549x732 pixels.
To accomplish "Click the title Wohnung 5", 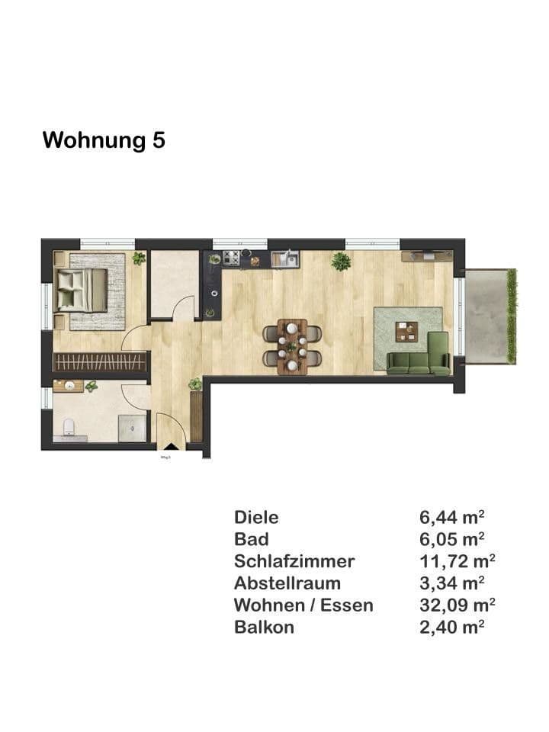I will pyautogui.click(x=104, y=140).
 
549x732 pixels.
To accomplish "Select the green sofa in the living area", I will pyautogui.click(x=419, y=359).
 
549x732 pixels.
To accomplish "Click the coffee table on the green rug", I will pyautogui.click(x=406, y=332).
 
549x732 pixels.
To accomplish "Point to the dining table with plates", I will pyautogui.click(x=292, y=346).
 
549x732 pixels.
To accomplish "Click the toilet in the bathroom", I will pyautogui.click(x=69, y=428).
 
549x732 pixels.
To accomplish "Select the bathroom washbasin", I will pyautogui.click(x=70, y=386).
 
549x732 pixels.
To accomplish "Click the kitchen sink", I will pyautogui.click(x=285, y=259).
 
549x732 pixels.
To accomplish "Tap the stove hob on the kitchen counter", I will pyautogui.click(x=232, y=258).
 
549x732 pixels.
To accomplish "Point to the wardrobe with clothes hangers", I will pyautogui.click(x=99, y=361).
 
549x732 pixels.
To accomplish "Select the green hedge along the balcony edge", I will pyautogui.click(x=512, y=315).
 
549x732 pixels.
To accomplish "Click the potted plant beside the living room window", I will pyautogui.click(x=341, y=262).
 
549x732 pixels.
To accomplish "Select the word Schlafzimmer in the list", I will pyautogui.click(x=294, y=562).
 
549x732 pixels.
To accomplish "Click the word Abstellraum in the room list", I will pyautogui.click(x=287, y=584).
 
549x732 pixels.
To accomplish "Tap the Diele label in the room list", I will pyautogui.click(x=256, y=518).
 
